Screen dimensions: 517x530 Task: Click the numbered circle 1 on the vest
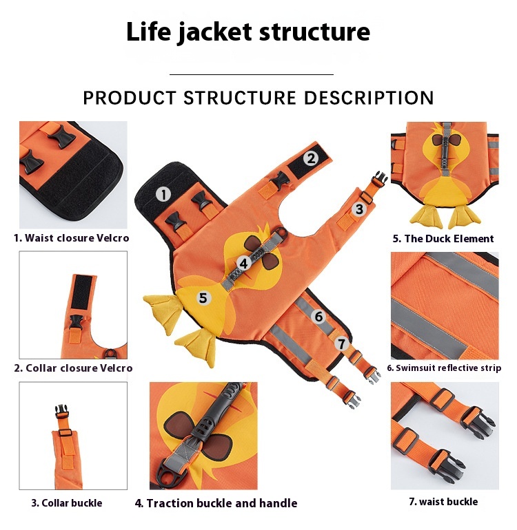click(x=163, y=194)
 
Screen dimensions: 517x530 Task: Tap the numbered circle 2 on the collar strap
click(x=311, y=158)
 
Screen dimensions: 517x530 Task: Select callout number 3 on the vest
click(x=359, y=209)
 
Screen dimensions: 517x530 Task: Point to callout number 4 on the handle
click(x=243, y=263)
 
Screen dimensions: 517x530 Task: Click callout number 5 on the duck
click(x=203, y=298)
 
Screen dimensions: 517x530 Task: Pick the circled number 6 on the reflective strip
click(x=319, y=317)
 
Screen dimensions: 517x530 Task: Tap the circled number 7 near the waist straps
click(x=342, y=343)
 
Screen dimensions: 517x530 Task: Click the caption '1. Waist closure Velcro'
click(x=72, y=238)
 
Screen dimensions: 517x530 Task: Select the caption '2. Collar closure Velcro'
click(x=73, y=368)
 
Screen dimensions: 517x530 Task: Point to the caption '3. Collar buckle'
click(x=67, y=503)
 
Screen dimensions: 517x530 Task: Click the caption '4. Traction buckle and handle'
click(x=216, y=503)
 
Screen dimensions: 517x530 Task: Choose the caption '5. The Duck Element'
click(x=443, y=239)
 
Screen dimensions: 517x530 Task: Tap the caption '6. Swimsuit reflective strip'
click(x=444, y=368)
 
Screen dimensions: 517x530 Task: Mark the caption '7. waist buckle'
click(x=443, y=502)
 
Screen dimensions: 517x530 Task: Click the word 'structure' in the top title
click(x=314, y=32)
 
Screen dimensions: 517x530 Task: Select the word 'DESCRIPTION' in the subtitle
click(x=369, y=98)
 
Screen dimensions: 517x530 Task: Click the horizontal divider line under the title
click(x=252, y=74)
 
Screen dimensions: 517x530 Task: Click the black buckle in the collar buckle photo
click(x=61, y=412)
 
